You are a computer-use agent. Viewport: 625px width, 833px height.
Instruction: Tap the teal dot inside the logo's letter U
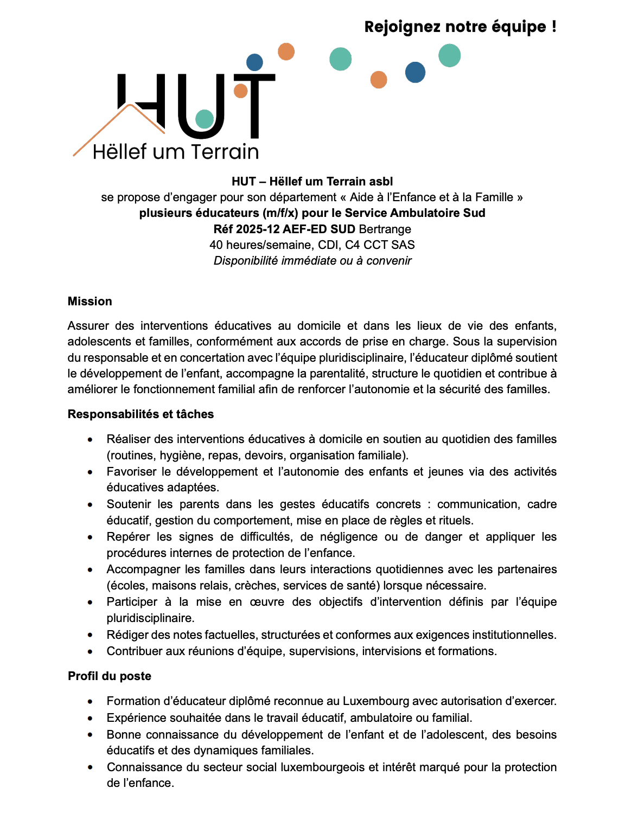205,119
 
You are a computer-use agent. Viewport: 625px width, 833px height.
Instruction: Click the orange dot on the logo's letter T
240,91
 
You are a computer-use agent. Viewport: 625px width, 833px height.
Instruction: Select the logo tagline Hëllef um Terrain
176,152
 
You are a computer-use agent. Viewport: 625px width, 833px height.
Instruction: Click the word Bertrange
385,229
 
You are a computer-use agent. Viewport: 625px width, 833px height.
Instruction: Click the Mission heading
90,302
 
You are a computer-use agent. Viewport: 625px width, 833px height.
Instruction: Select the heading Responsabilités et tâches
141,414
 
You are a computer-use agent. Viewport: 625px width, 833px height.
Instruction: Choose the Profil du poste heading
110,676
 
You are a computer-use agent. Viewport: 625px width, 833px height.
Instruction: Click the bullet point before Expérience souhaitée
90,718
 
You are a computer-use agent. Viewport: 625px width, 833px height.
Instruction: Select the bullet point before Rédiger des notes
90,635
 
